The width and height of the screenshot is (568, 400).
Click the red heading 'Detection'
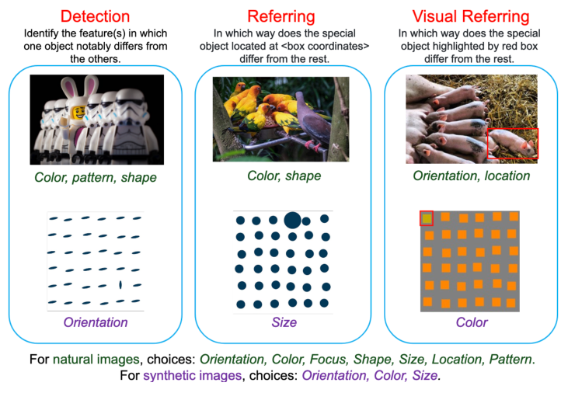point(95,16)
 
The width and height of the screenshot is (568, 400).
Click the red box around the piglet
point(512,143)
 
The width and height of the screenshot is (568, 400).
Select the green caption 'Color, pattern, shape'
point(95,176)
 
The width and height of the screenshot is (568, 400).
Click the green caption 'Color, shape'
point(284,176)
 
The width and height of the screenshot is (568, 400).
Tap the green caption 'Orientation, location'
point(472,176)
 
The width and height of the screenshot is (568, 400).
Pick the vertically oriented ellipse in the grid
point(120,285)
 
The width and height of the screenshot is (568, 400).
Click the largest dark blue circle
point(292,220)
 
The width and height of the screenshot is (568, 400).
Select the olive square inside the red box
point(427,218)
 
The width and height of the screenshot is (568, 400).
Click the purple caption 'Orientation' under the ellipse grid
point(96,322)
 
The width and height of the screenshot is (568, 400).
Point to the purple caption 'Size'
point(284,322)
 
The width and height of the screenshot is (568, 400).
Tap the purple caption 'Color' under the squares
point(472,322)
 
